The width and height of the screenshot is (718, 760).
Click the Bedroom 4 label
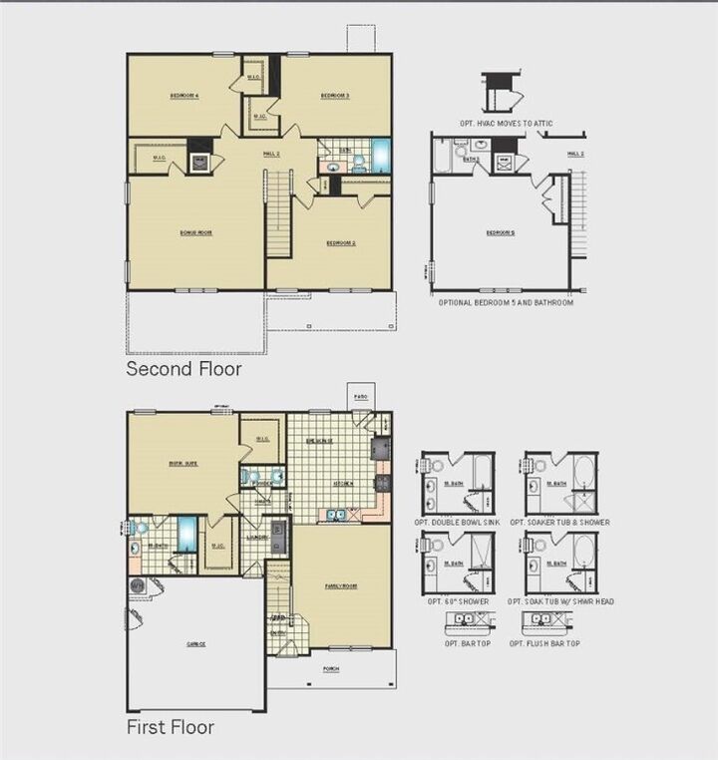[x=183, y=96]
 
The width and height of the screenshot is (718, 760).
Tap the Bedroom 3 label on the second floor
[x=334, y=96]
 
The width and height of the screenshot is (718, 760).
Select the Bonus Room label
[x=195, y=232]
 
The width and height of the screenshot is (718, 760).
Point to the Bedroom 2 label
[x=341, y=242]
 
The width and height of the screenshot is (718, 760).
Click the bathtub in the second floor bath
[x=381, y=157]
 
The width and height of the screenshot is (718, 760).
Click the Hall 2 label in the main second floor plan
[x=271, y=154]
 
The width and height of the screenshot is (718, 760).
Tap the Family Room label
[x=341, y=586]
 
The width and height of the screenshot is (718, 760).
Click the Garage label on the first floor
[x=195, y=644]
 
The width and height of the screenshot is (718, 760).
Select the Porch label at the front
[x=331, y=668]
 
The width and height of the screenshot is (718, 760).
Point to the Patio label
[x=360, y=397]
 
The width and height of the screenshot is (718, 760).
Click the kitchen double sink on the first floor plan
[x=336, y=515]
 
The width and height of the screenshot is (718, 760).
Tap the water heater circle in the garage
[x=137, y=587]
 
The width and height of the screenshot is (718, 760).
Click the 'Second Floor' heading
[x=183, y=369]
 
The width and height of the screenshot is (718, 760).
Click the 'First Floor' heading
[x=170, y=727]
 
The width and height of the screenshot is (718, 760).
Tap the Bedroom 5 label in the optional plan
[x=500, y=232]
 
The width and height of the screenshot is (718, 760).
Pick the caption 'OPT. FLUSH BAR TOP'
[x=544, y=644]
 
